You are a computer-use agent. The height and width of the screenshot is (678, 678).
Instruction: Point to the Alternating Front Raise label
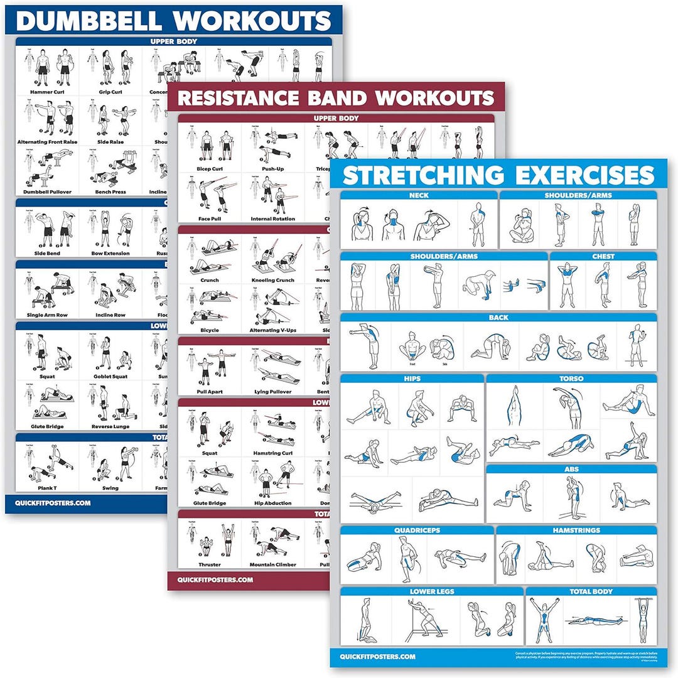[x=48, y=142]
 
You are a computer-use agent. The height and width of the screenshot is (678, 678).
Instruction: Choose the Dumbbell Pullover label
[x=48, y=191]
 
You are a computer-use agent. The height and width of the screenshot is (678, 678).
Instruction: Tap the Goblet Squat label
[x=110, y=377]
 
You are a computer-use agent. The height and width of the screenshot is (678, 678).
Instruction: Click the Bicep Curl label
[x=210, y=169]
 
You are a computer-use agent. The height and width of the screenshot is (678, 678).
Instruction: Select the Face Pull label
[x=210, y=218]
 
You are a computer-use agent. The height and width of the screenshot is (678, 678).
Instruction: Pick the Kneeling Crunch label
[x=273, y=280]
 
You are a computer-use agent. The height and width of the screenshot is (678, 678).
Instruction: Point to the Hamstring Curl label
[x=273, y=453]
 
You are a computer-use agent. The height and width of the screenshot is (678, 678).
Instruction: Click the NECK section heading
[x=419, y=195]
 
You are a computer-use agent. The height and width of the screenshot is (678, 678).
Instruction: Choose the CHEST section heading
[x=603, y=256]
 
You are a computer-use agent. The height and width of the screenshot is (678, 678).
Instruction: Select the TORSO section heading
[x=571, y=379]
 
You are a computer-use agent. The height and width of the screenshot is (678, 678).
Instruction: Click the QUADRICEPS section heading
[x=417, y=530]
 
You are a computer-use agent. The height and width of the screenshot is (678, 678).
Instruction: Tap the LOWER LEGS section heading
[x=431, y=591]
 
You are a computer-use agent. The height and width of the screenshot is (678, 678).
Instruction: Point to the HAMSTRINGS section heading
[x=576, y=530]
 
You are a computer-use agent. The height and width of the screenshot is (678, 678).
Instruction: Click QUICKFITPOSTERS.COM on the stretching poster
[x=378, y=657]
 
